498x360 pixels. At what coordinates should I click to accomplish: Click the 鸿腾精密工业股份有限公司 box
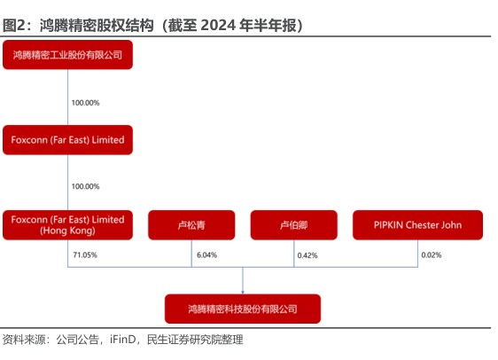tap(67, 55)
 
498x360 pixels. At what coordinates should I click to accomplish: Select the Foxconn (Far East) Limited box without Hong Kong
tap(67, 140)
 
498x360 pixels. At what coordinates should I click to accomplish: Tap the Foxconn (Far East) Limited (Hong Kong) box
tap(67, 225)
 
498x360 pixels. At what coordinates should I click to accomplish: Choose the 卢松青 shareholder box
tap(191, 225)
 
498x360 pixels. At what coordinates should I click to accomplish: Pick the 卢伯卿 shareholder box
tap(294, 225)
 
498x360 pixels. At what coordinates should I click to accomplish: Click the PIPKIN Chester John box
tap(417, 225)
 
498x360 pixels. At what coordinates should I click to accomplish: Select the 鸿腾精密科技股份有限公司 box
tap(243, 309)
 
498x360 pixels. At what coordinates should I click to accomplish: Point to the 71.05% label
tap(85, 254)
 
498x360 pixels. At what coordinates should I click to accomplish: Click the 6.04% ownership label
tap(206, 254)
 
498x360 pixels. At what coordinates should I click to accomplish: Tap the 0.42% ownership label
tap(307, 255)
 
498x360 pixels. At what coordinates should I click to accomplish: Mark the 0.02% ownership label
tap(432, 254)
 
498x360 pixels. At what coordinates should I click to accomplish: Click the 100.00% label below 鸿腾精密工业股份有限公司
tap(85, 103)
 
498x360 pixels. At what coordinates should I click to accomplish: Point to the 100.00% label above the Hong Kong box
tap(85, 186)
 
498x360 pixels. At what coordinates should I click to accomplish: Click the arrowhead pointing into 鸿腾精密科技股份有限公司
tap(243, 293)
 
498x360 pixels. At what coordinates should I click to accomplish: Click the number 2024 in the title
tap(218, 26)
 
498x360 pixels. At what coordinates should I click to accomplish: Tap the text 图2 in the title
tap(13, 26)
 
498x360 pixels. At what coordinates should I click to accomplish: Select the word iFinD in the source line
tap(123, 340)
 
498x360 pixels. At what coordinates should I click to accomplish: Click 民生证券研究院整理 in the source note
tap(195, 340)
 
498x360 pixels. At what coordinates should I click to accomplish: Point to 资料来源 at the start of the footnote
tap(24, 340)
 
